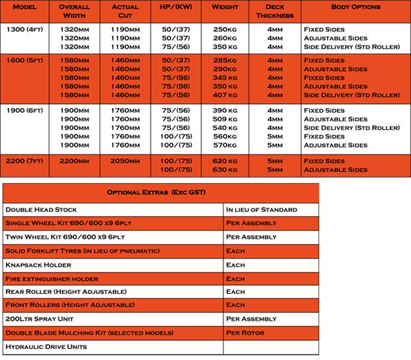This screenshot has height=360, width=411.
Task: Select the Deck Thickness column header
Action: [274, 11]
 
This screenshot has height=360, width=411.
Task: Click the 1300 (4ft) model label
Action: [23, 30]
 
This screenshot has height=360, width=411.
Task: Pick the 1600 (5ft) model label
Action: [23, 60]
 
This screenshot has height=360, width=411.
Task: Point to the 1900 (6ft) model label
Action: [23, 111]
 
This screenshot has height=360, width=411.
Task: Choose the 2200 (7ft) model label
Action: [23, 161]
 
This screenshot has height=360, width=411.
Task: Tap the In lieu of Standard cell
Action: [262, 210]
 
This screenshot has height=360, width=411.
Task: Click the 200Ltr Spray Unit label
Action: [41, 319]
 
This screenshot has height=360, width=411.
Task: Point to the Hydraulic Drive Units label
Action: [46, 347]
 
